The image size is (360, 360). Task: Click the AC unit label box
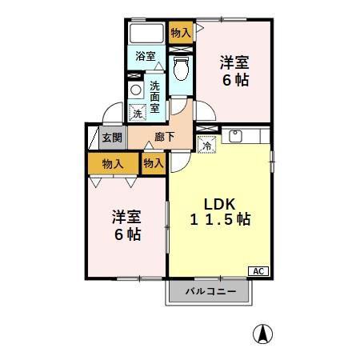pos(258,271)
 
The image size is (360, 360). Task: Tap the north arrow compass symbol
pos(262,334)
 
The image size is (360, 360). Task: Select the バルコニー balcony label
pos(210,291)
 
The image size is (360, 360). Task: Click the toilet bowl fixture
pos(181,68)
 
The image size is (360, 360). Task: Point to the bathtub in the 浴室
pos(146,33)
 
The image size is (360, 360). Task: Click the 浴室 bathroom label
pos(145,56)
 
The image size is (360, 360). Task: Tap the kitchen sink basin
pos(235,136)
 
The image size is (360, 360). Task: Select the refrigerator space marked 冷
pos(206,145)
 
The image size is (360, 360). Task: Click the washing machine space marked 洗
pos(138,113)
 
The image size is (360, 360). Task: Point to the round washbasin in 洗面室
pos(136,90)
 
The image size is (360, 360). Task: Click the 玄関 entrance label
pos(112,138)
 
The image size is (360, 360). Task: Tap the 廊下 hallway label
pos(165,137)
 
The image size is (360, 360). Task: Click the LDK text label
pos(219,204)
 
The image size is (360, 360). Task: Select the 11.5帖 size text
pos(220,219)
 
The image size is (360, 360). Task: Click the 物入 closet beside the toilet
pos(181,33)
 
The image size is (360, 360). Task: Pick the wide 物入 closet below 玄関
pos(113,163)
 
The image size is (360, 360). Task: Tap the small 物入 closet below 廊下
pos(154,163)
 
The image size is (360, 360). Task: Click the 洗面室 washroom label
pos(154,97)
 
